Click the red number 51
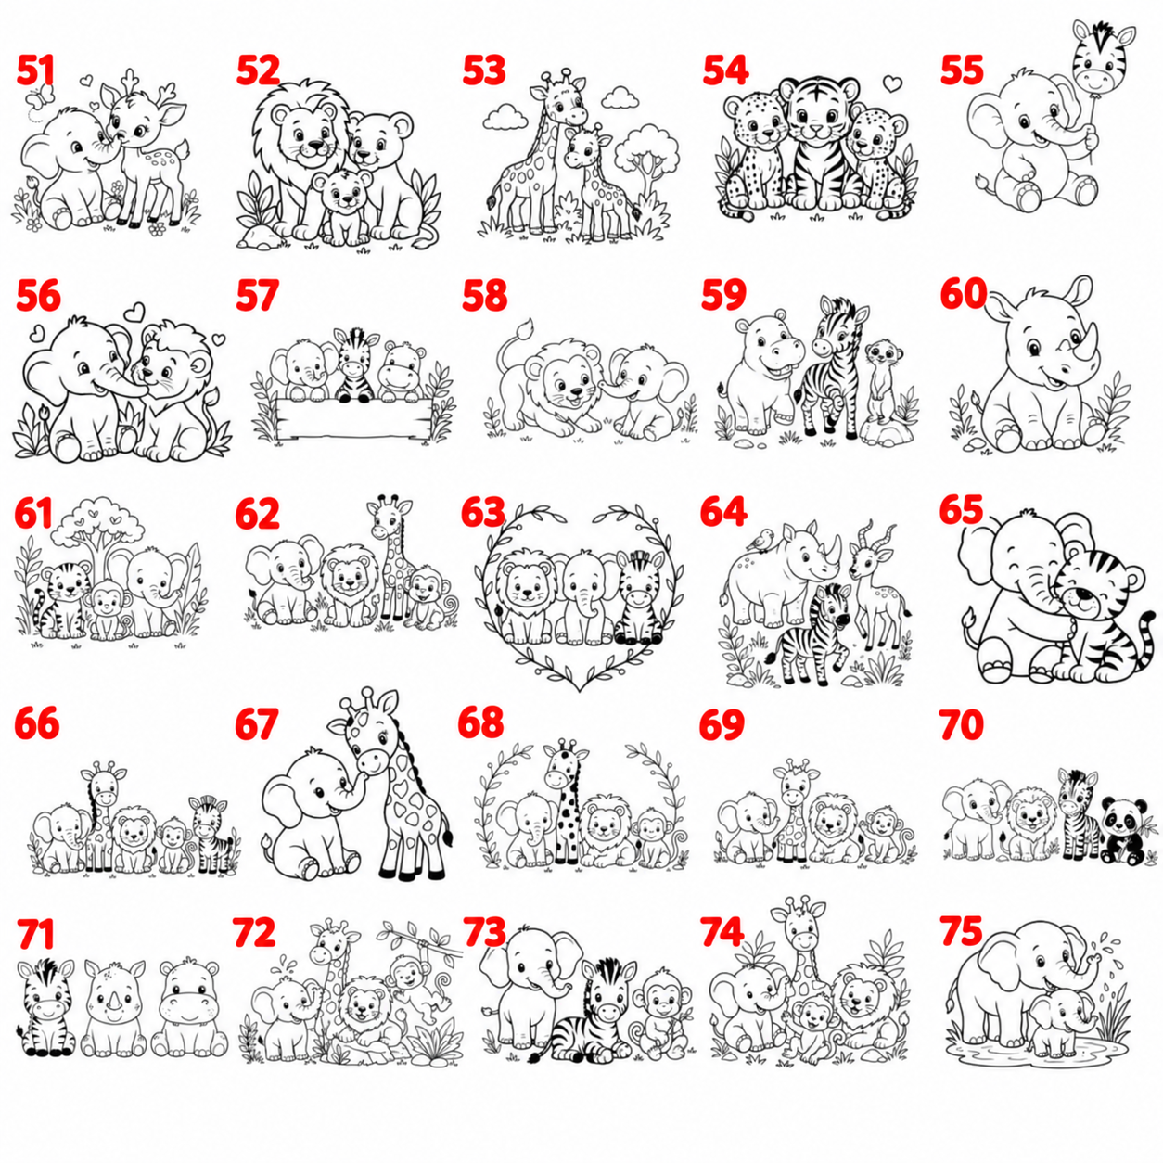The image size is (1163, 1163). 35,70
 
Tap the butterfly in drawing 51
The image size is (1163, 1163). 41,96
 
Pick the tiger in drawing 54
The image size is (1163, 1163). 818,145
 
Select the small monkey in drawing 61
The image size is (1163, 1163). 108,608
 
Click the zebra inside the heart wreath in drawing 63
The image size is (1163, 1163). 638,599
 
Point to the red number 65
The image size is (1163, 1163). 961,510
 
